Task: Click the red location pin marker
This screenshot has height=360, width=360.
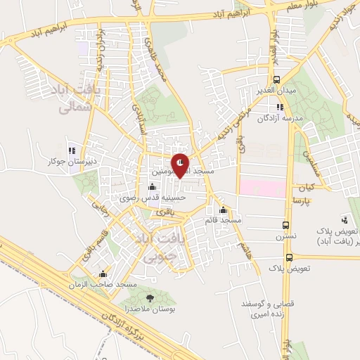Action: click(181, 165)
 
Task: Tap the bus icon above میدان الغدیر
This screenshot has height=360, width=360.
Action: click(276, 79)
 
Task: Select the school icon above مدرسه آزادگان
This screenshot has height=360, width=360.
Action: click(280, 108)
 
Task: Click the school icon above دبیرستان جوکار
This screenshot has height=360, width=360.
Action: click(71, 150)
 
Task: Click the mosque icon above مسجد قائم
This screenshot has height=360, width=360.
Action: click(224, 210)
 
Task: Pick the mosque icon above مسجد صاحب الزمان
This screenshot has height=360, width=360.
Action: click(103, 274)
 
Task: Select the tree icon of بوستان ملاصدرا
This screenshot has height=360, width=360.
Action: click(149, 299)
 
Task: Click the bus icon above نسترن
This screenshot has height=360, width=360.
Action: click(285, 225)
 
